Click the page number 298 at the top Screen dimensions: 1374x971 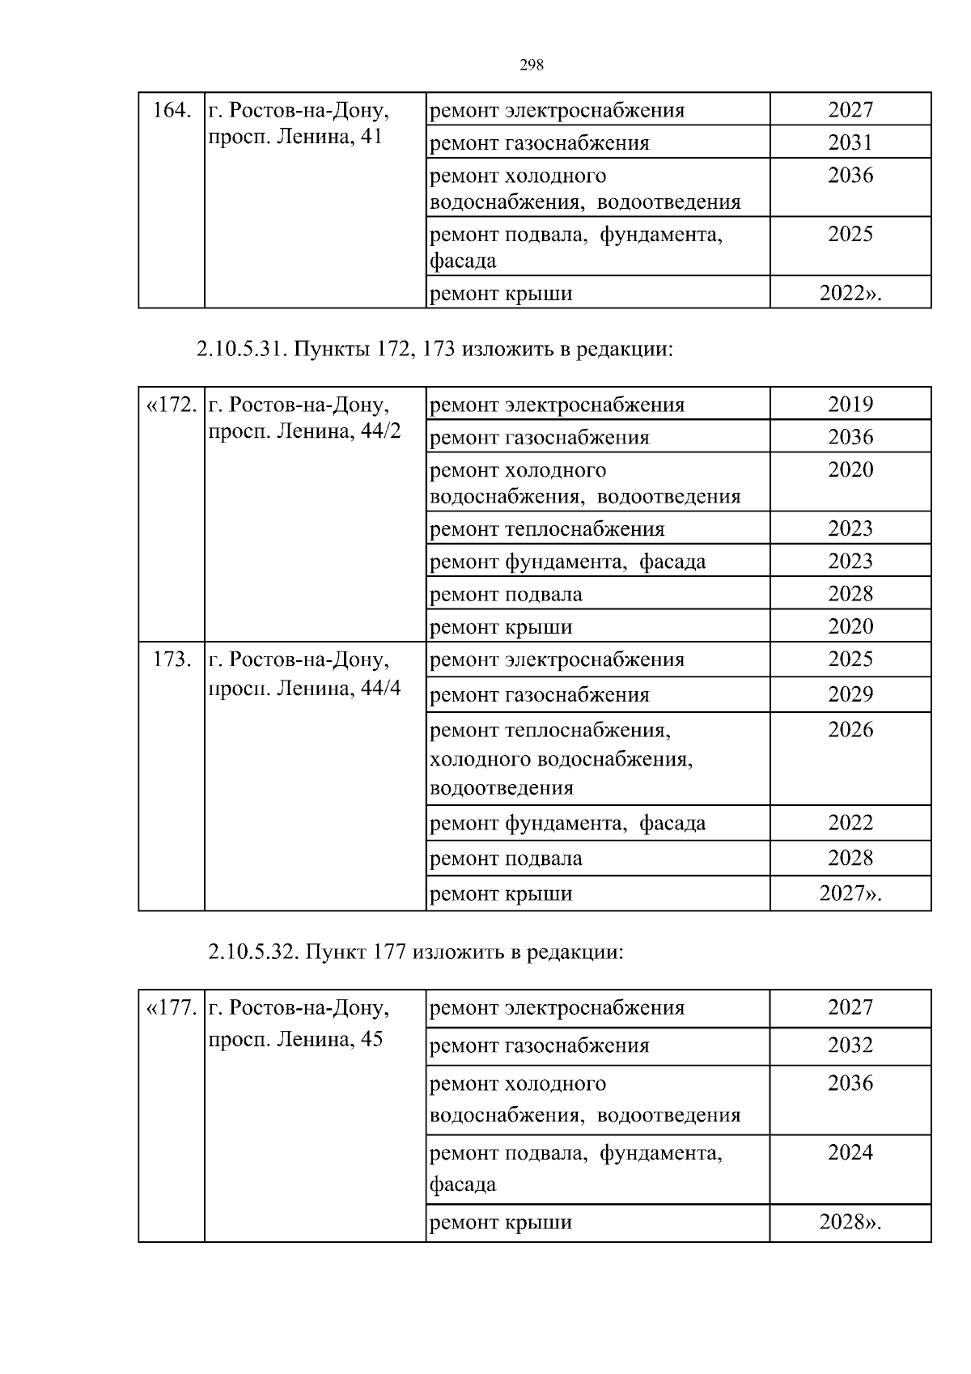pos(531,66)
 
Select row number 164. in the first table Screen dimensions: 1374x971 pos(172,110)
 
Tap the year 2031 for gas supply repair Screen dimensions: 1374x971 pos(850,143)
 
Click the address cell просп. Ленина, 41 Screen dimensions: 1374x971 pos(295,137)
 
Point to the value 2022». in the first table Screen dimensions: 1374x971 pos(850,294)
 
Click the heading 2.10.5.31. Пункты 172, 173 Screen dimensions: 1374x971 pos(435,350)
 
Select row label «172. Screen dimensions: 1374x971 pos(172,405)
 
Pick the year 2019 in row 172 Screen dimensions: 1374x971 pos(850,405)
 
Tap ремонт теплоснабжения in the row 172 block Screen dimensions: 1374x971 pos(547,529)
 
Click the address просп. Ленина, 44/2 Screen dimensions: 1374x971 pos(304,431)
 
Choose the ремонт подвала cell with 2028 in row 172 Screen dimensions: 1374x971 pos(506,595)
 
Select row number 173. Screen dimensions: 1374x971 pos(172,659)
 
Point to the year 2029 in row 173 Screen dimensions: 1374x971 pos(850,694)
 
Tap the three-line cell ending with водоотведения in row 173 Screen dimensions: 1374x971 pos(561,759)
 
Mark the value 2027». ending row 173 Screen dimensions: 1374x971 pos(850,894)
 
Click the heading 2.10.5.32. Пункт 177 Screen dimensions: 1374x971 pos(416,952)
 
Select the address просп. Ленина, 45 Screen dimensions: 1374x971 pos(295,1039)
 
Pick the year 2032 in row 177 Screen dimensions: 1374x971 pos(850,1045)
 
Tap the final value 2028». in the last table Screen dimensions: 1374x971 pos(850,1222)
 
